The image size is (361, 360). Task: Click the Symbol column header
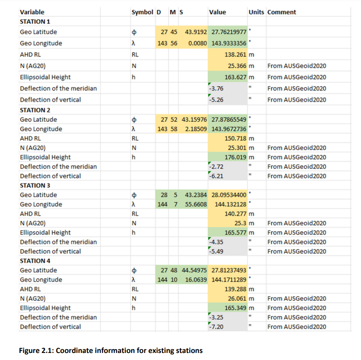(142, 12)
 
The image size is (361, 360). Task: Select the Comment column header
(281, 12)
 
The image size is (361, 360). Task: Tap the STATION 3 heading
(36, 185)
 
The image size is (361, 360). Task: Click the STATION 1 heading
(36, 22)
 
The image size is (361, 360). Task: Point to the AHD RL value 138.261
(236, 55)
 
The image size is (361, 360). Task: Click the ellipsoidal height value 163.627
(236, 77)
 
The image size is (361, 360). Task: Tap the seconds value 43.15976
(194, 120)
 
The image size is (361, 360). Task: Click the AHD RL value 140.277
(236, 214)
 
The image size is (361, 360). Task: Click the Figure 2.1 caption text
(111, 350)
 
